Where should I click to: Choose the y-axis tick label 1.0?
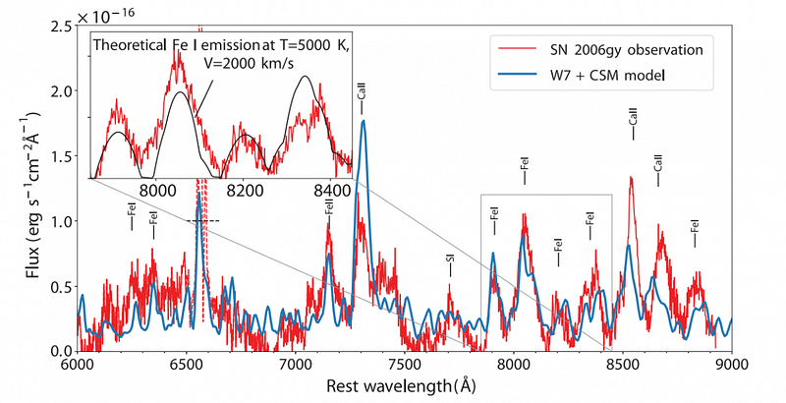point(56,221)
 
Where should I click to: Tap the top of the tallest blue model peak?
point(364,122)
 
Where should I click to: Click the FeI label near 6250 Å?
point(131,216)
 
